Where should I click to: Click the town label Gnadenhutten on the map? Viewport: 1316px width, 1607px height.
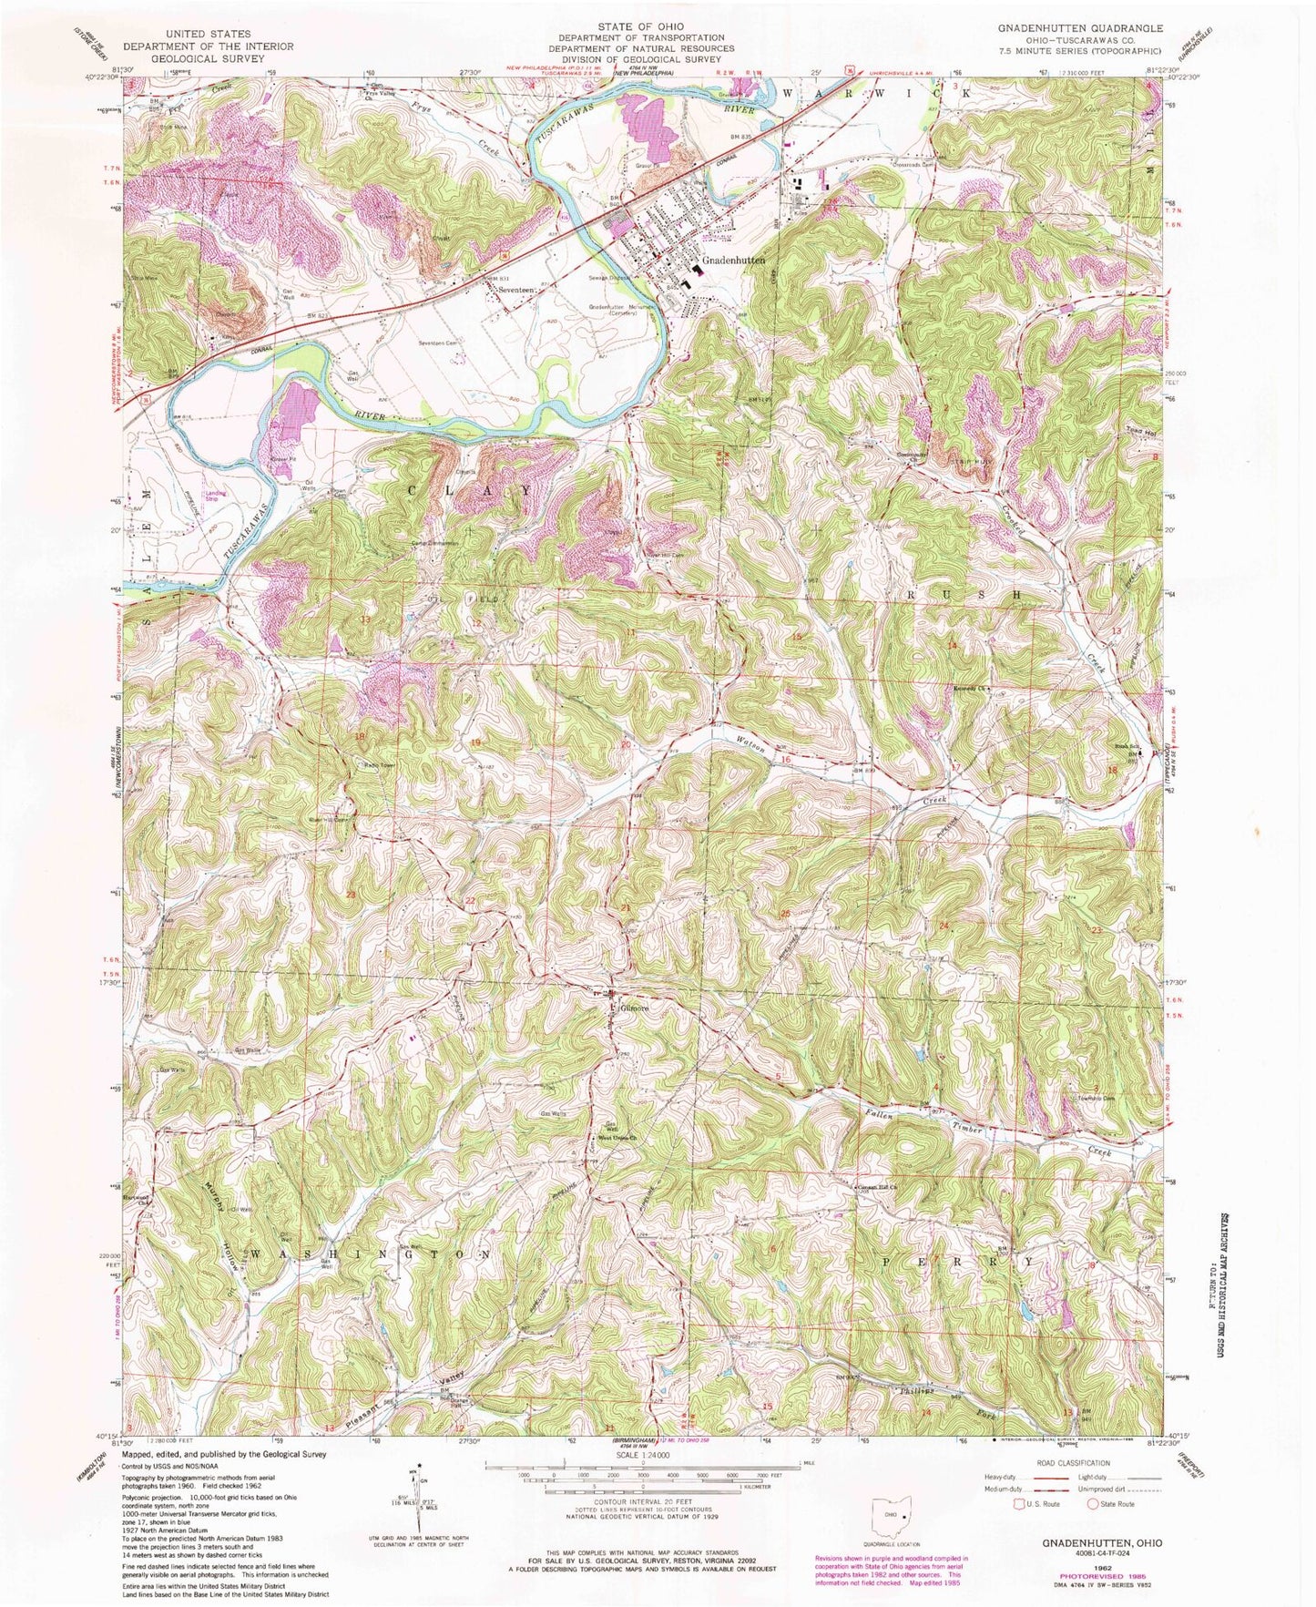(733, 265)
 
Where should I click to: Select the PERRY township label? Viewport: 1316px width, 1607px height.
(957, 1263)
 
